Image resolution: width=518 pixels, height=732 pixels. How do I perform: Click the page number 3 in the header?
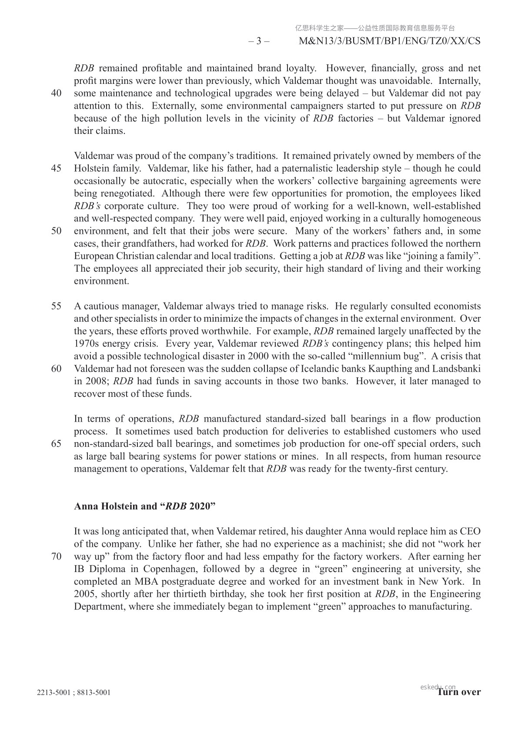click(259, 41)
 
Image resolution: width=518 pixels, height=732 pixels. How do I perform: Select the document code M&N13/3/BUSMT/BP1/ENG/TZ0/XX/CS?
click(390, 41)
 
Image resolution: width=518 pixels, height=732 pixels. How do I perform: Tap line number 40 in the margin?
click(56, 93)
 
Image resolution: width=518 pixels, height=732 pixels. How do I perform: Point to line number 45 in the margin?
click(56, 169)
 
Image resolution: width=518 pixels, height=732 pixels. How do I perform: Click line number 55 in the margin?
click(56, 306)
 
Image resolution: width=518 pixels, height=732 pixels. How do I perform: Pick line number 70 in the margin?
click(56, 557)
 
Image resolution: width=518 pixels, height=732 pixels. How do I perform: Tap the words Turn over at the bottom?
click(459, 692)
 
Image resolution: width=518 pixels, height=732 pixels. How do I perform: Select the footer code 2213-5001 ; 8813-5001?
click(74, 692)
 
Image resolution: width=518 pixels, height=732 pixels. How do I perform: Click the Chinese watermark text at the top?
click(375, 28)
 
